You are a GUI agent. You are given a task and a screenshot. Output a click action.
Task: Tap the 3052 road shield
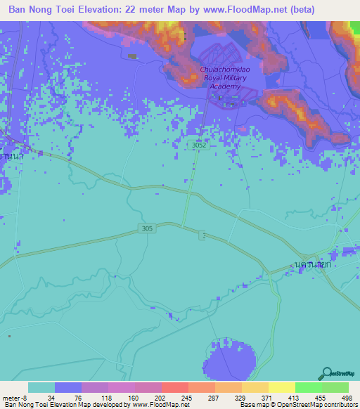pyautogui.click(x=200, y=144)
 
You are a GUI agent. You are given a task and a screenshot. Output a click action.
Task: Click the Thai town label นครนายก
pyautogui.click(x=313, y=264)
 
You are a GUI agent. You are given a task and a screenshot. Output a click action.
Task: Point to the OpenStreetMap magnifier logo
pyautogui.click(x=327, y=372)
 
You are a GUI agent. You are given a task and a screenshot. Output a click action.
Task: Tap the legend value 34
pyautogui.click(x=51, y=397)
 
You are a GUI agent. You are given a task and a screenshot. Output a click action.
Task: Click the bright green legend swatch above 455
pyautogui.click(x=308, y=387)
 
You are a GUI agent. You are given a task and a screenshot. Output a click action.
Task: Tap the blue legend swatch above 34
pyautogui.click(x=68, y=387)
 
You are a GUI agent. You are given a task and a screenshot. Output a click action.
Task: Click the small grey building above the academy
pyautogui.click(x=133, y=56)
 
